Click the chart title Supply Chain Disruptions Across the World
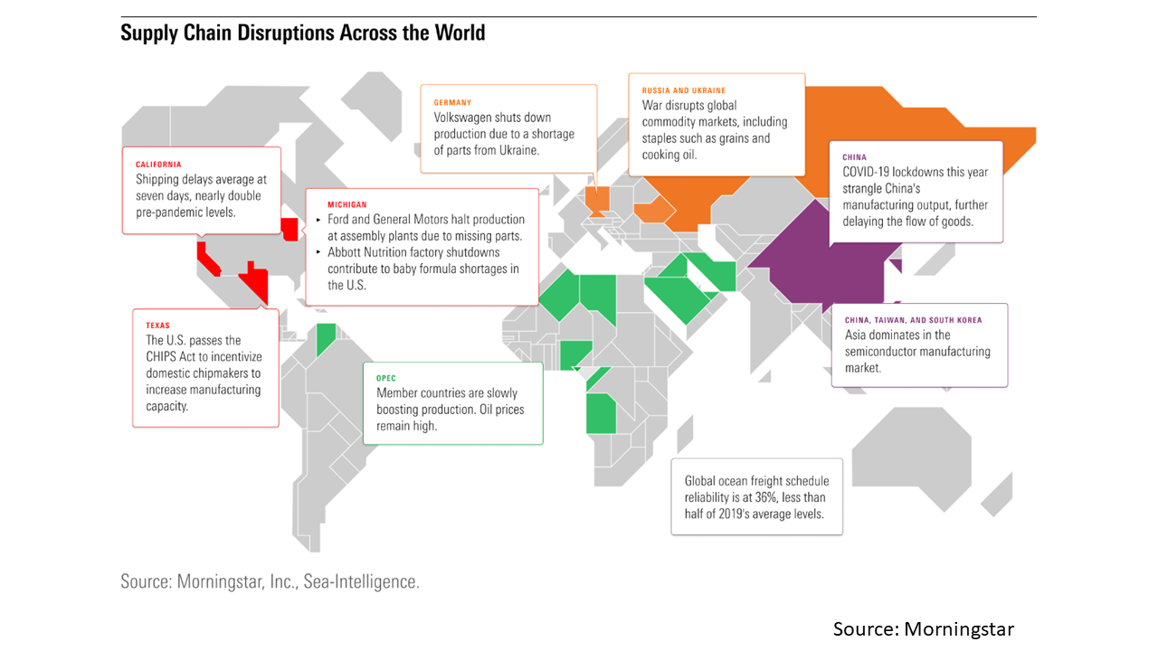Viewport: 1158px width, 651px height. click(303, 33)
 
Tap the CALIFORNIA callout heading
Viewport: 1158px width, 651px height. click(158, 165)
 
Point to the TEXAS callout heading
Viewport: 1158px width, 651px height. click(157, 325)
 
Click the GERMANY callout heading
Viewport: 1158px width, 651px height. click(452, 103)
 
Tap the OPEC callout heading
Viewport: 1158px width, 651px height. click(386, 378)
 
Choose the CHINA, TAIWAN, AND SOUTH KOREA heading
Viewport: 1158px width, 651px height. click(913, 320)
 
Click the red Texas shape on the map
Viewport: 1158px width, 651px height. click(255, 282)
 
